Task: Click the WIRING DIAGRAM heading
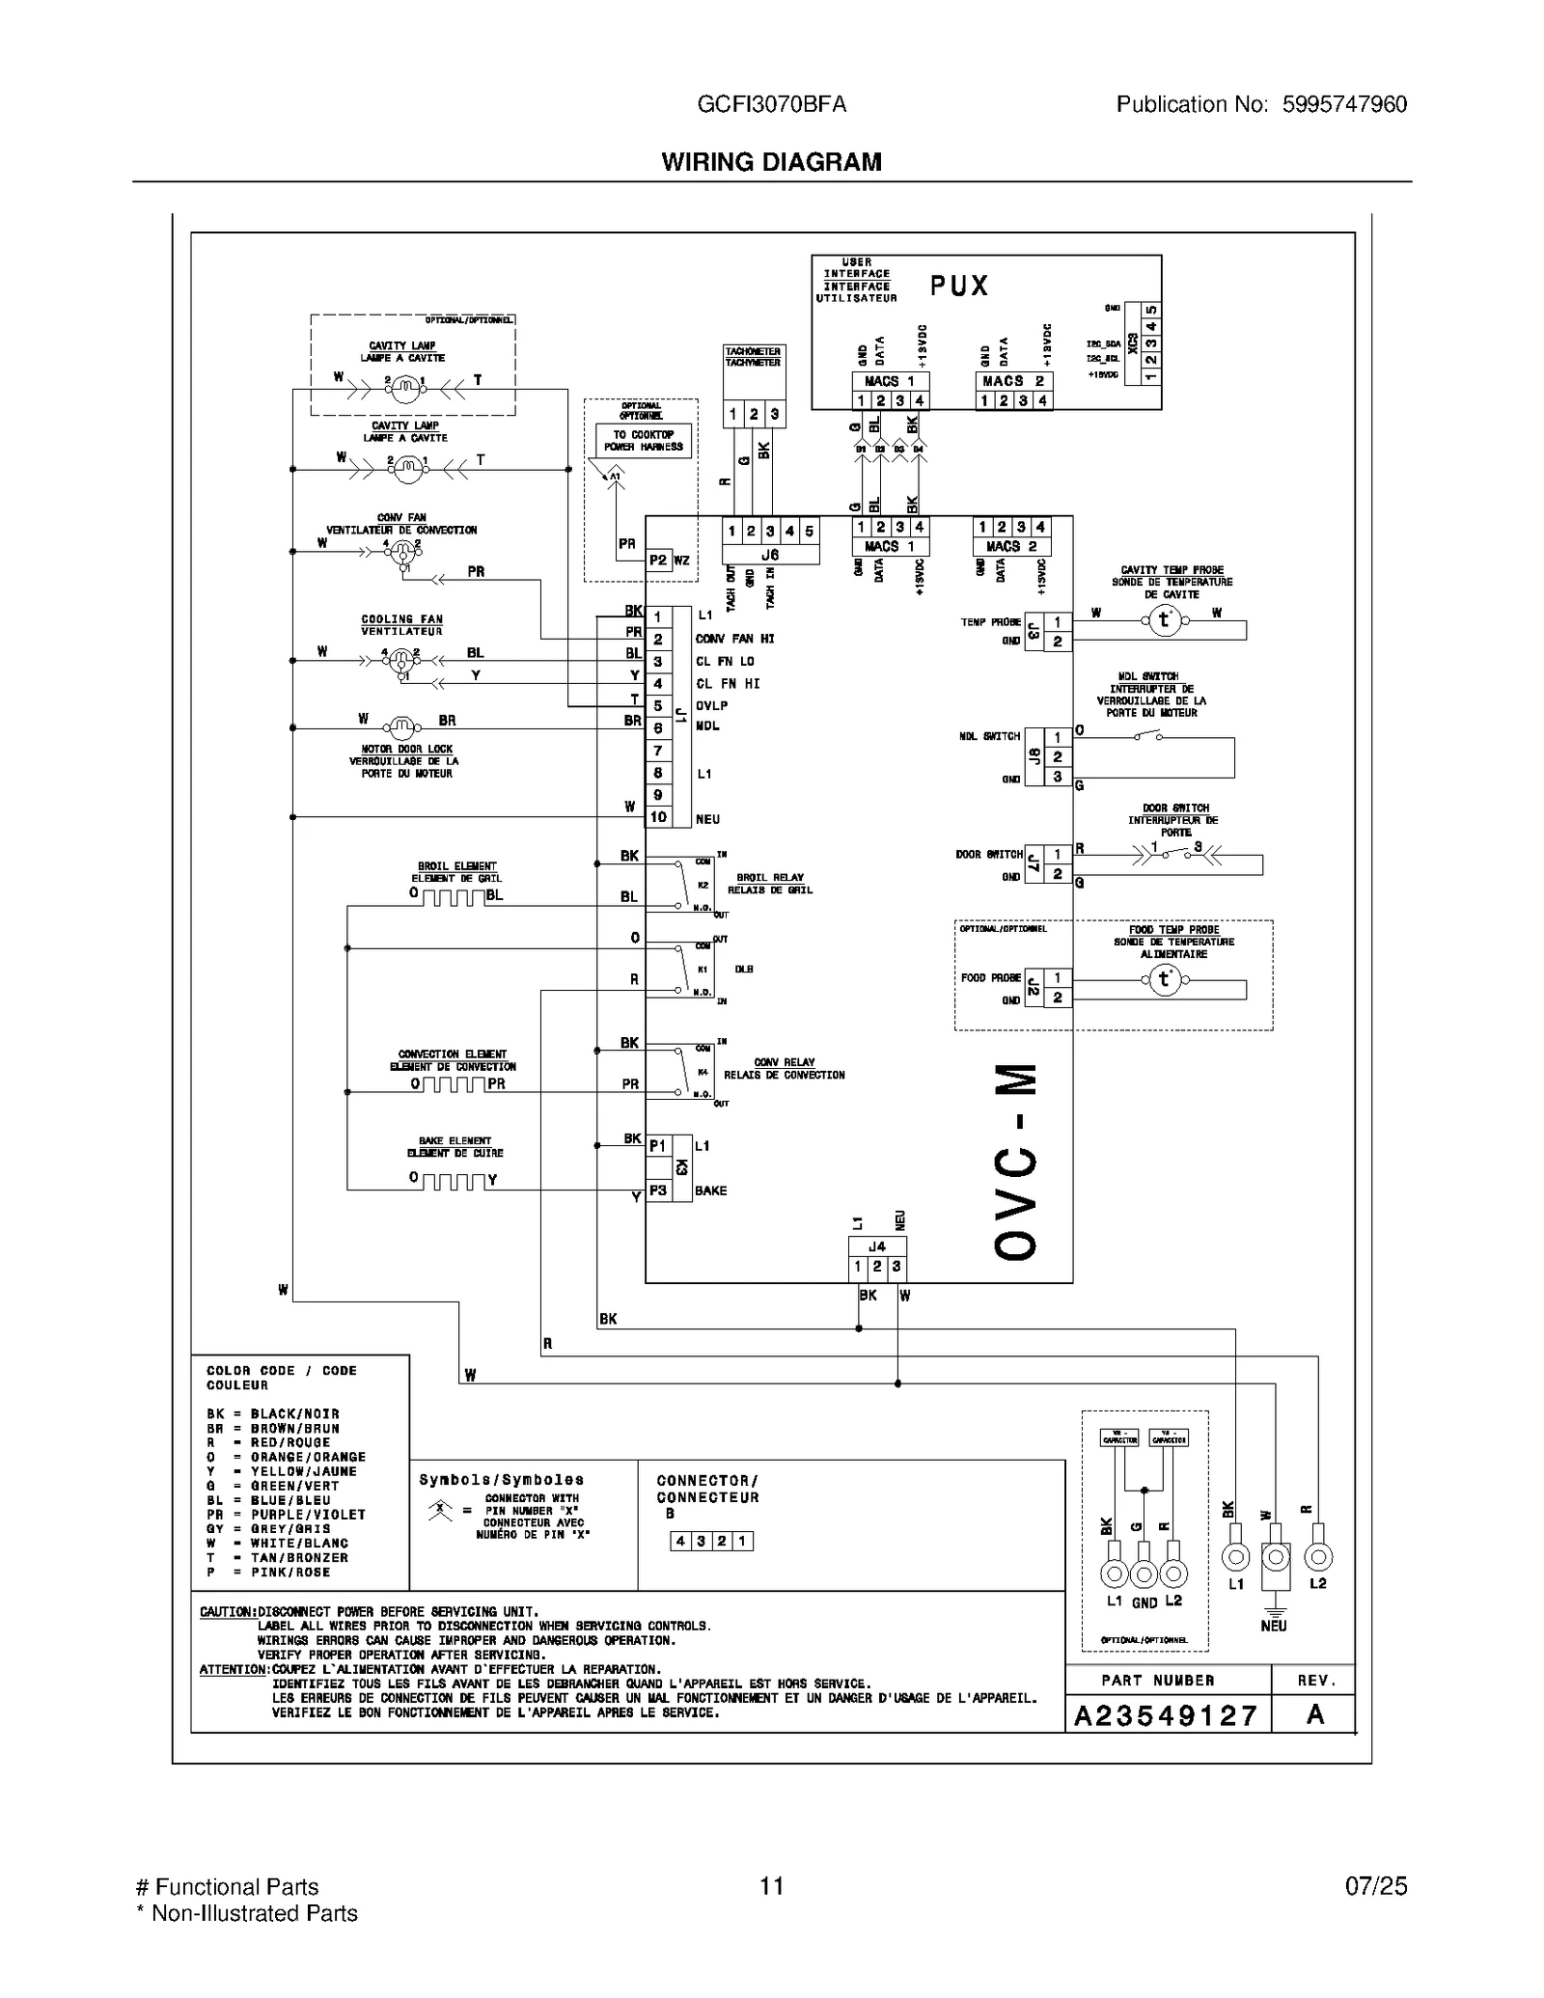pyautogui.click(x=771, y=162)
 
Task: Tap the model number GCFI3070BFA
pyautogui.click(x=771, y=104)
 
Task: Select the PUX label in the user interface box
pyautogui.click(x=959, y=286)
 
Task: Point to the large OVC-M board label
pyautogui.click(x=1016, y=1162)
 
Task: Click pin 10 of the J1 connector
pyautogui.click(x=658, y=817)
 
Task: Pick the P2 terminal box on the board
pyautogui.click(x=658, y=560)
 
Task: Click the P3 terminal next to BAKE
pyautogui.click(x=658, y=1191)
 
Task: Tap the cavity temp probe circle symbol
pyautogui.click(x=1165, y=620)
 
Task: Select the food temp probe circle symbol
pyautogui.click(x=1165, y=980)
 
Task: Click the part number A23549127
pyautogui.click(x=1167, y=1715)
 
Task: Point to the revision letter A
pyautogui.click(x=1314, y=1714)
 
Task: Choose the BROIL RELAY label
pyautogui.click(x=770, y=878)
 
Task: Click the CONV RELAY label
pyautogui.click(x=784, y=1062)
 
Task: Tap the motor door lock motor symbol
pyautogui.click(x=400, y=726)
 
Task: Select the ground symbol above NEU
pyautogui.click(x=1275, y=1609)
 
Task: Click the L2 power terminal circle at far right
pyautogui.click(x=1318, y=1556)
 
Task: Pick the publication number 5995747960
pyautogui.click(x=1344, y=104)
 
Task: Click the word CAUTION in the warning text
pyautogui.click(x=227, y=1612)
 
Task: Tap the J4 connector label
pyautogui.click(x=876, y=1246)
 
